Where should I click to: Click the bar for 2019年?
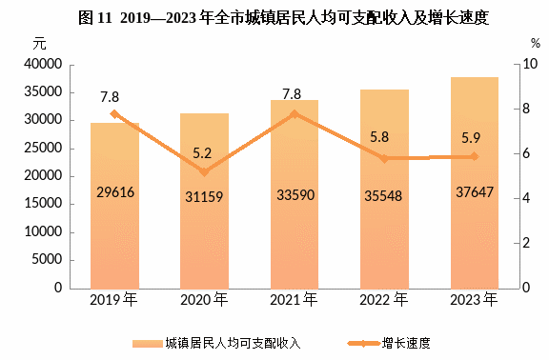(114, 206)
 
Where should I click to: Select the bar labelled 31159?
(205, 201)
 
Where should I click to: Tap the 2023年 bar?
(475, 183)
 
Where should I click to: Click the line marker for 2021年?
(295, 114)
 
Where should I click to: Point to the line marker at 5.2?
(205, 171)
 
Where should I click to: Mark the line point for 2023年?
(475, 156)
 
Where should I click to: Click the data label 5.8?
(379, 137)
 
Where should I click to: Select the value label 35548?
(383, 196)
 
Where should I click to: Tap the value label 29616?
(115, 192)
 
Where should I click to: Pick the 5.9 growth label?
(471, 138)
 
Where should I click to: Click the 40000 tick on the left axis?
(43, 64)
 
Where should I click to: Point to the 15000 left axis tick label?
(43, 203)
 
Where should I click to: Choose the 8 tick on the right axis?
(526, 109)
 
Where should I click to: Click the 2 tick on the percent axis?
(526, 243)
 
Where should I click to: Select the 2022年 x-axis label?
(384, 300)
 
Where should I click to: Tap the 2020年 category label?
(204, 300)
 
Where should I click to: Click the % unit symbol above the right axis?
(536, 44)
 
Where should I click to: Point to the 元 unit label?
(40, 44)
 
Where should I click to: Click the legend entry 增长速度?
(406, 343)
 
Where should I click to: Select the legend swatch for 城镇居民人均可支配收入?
(148, 344)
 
